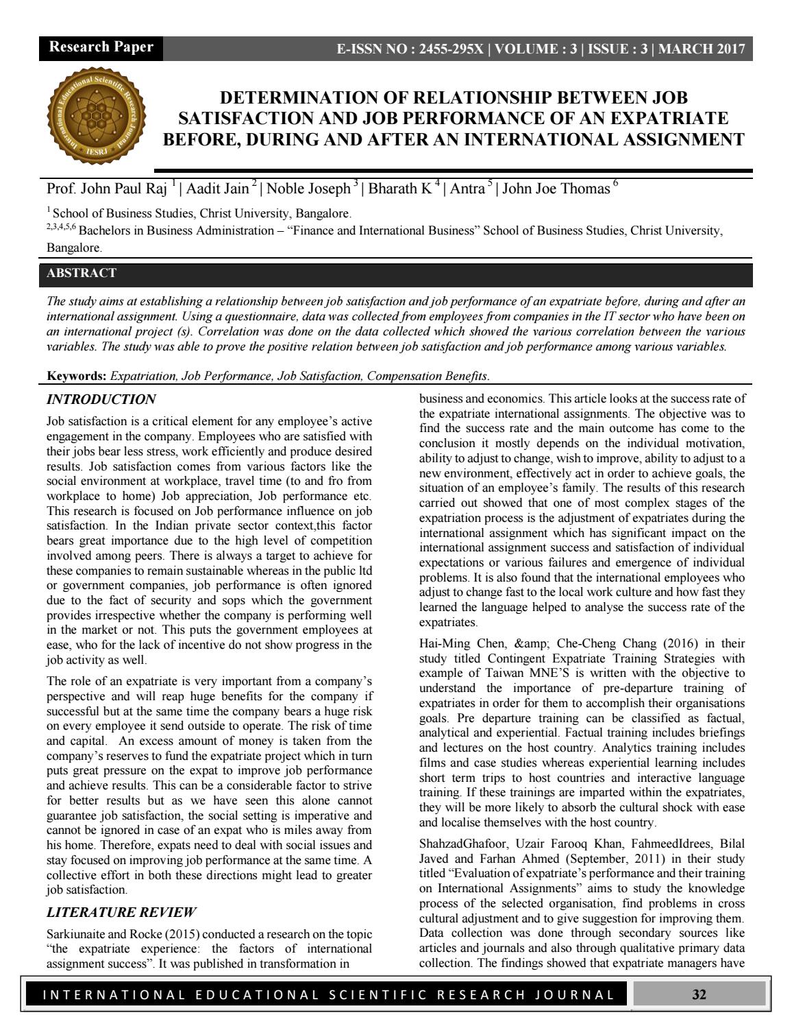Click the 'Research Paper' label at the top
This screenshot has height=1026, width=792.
[101, 47]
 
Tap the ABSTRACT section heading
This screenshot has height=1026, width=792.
[81, 274]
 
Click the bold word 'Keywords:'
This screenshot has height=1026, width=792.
[77, 376]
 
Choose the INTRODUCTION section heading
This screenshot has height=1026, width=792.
[101, 399]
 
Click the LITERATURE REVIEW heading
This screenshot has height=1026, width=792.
[121, 912]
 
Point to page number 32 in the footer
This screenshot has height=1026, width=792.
[699, 994]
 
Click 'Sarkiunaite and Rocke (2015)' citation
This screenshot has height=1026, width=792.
[123, 934]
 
